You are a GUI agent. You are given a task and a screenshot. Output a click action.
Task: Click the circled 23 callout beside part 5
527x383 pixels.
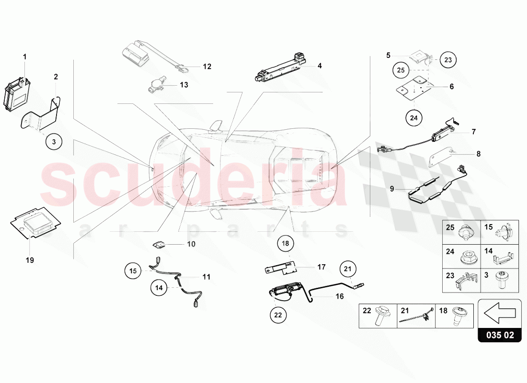[x=448, y=60]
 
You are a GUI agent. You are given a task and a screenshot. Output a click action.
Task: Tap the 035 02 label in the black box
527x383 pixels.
[x=500, y=335]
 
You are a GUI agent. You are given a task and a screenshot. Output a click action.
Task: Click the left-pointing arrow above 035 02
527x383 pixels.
[x=499, y=313]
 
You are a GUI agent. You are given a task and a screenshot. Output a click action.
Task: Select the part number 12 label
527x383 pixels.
[x=207, y=67]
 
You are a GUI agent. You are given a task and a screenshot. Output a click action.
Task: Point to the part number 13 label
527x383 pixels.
[x=184, y=85]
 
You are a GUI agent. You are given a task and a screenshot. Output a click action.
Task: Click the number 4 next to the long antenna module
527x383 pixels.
[x=320, y=66]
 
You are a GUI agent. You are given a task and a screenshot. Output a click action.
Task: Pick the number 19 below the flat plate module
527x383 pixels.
[x=30, y=260]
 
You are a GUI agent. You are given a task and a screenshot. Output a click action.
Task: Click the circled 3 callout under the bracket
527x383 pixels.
[x=54, y=142]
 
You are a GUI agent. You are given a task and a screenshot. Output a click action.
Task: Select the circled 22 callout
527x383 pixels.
[x=278, y=315]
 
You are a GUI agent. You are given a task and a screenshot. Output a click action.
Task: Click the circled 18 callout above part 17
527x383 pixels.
[x=286, y=243]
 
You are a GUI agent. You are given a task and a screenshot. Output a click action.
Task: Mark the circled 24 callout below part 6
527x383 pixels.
[x=414, y=118]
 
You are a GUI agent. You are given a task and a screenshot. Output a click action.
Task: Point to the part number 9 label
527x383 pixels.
[x=392, y=189]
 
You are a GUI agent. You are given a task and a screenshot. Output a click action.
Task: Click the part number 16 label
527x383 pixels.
[x=340, y=296]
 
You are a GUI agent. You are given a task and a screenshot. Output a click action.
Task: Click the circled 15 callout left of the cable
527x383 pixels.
[x=133, y=271]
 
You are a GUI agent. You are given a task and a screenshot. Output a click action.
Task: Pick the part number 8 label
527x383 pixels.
[x=478, y=154]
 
